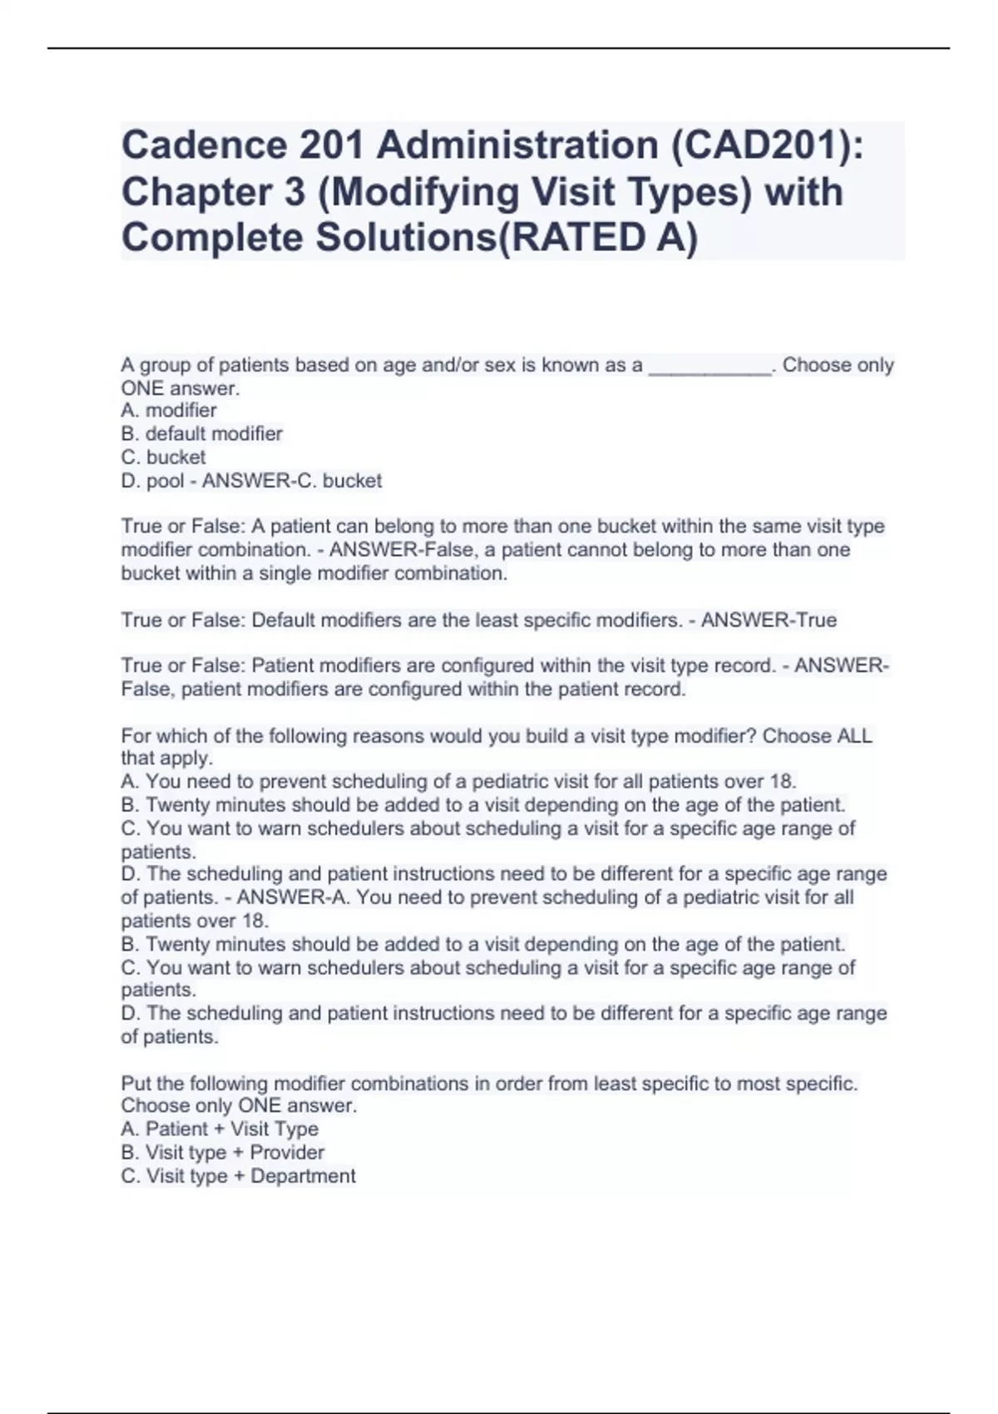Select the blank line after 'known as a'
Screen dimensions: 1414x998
click(709, 366)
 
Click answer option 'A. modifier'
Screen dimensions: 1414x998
click(169, 411)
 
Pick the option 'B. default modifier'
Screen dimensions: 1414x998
click(202, 434)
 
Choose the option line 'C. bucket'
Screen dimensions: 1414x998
click(164, 457)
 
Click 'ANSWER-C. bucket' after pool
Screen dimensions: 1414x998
click(292, 481)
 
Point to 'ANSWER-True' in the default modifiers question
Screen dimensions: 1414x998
click(768, 620)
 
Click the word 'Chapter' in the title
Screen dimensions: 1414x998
click(197, 192)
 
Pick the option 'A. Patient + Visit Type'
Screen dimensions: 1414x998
click(220, 1130)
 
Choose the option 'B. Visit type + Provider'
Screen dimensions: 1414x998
click(223, 1153)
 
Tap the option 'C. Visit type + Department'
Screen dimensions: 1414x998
click(239, 1176)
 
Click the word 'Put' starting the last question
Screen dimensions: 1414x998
click(136, 1084)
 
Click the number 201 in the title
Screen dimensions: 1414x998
click(332, 146)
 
